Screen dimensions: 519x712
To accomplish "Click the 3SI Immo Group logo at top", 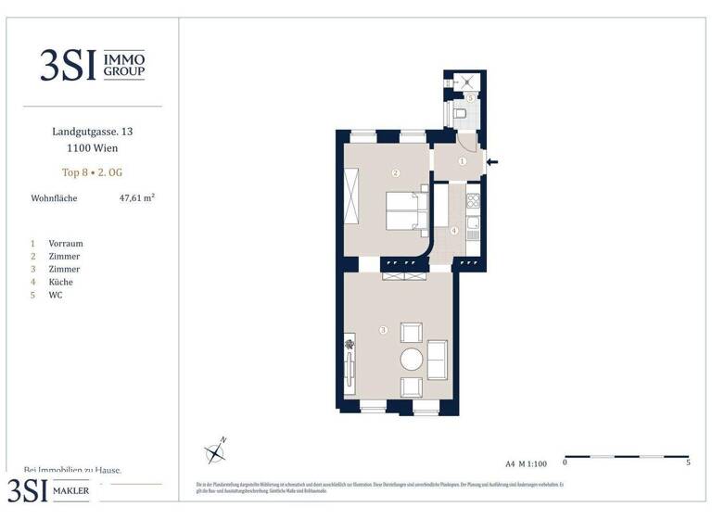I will [x=92, y=65].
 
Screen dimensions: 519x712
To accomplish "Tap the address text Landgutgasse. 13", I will [x=92, y=133].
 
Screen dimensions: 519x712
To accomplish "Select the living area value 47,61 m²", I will [x=136, y=197].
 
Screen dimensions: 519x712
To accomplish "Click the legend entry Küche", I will [x=61, y=282].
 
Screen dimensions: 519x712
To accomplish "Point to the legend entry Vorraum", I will [x=66, y=244].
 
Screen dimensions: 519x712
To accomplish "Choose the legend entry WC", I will [x=57, y=295].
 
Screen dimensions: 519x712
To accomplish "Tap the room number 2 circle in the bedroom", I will [x=395, y=172].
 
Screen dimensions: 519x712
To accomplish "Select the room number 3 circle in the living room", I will [x=382, y=330].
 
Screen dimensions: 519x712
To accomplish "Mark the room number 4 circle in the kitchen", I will [x=454, y=231].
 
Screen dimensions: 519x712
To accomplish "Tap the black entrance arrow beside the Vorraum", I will [x=493, y=163].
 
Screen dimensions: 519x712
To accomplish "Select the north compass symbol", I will [x=216, y=452].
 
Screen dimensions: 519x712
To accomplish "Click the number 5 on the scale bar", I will [x=688, y=462].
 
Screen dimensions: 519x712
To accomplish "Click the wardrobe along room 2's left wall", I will [x=351, y=196].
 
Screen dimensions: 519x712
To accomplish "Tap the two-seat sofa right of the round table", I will [x=437, y=360].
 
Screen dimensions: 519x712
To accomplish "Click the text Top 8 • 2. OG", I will [x=92, y=171].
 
